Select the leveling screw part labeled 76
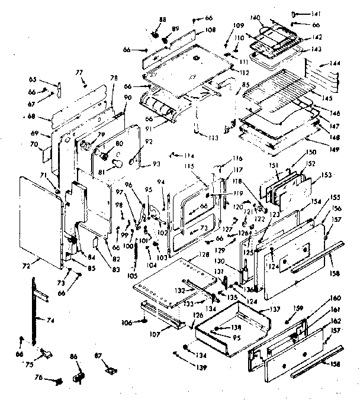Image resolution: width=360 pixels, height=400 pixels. (x=58, y=381)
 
